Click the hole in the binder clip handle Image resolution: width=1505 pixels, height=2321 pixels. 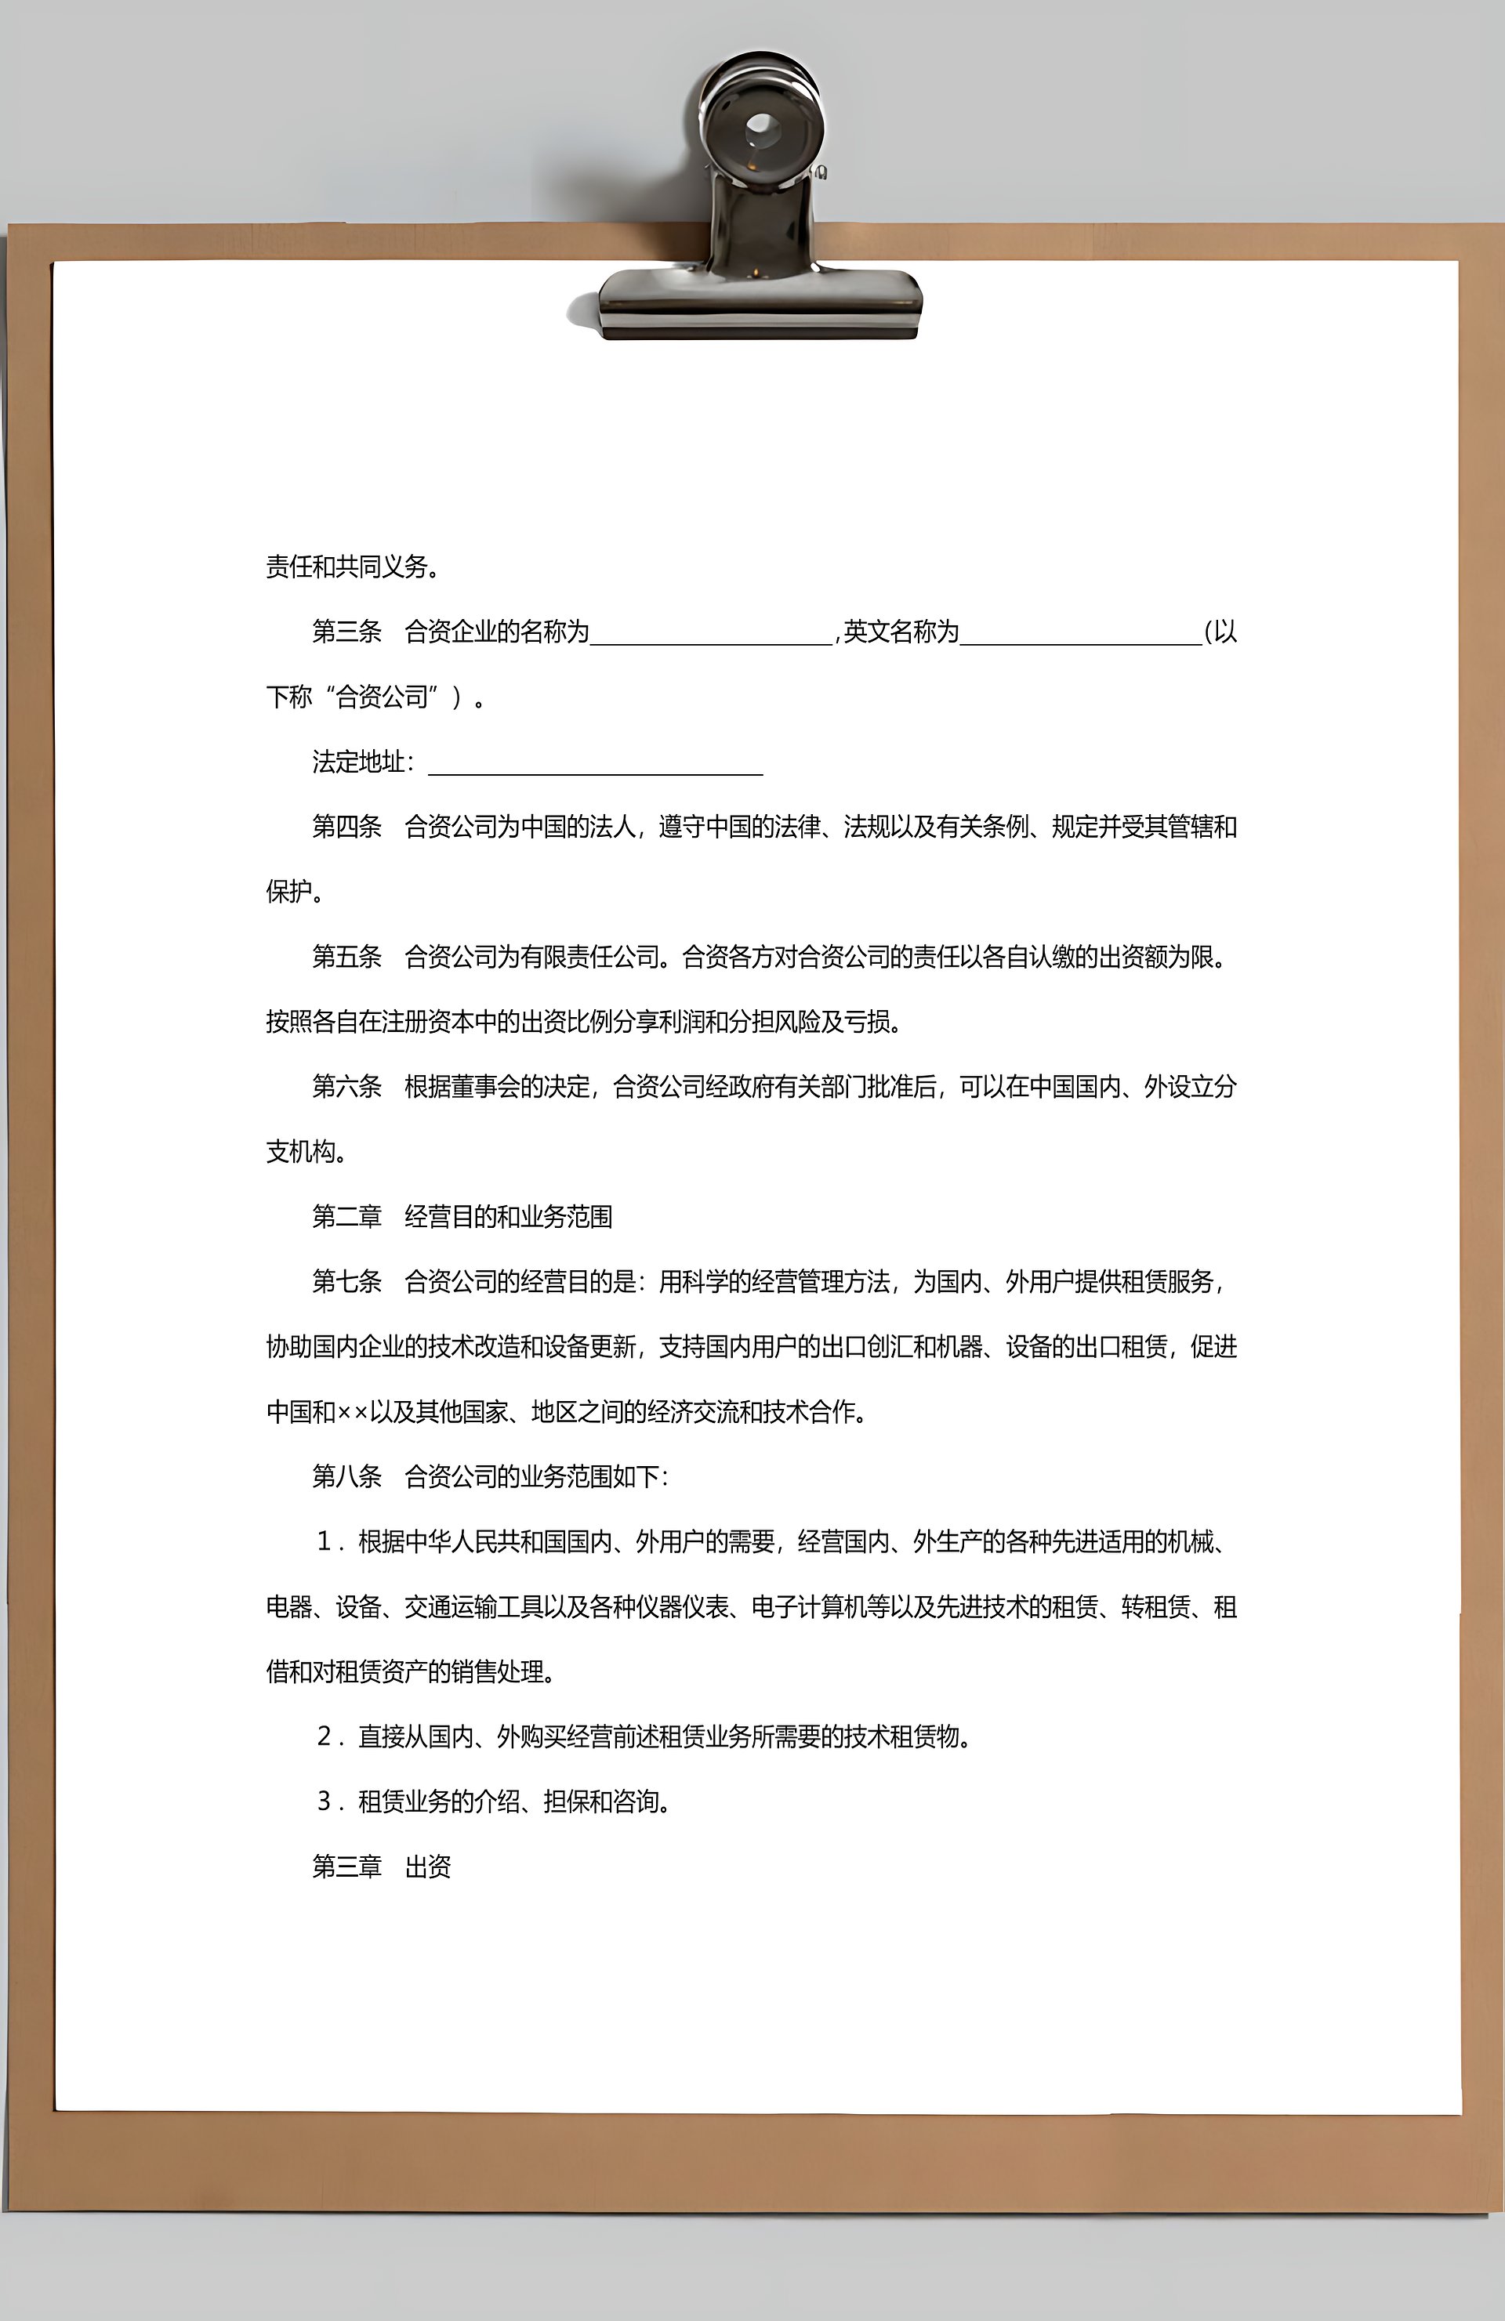click(x=761, y=127)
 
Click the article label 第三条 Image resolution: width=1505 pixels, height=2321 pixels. click(x=346, y=632)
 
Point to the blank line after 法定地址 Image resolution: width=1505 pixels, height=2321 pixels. click(x=595, y=766)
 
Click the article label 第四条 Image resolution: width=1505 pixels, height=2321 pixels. click(x=346, y=827)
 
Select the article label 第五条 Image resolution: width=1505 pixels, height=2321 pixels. click(x=346, y=957)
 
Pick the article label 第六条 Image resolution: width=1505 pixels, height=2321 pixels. click(x=346, y=1086)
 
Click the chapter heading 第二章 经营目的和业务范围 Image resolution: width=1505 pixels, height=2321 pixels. click(x=462, y=1216)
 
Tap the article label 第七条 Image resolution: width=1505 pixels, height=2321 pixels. click(x=346, y=1281)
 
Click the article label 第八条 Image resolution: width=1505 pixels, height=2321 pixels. click(x=346, y=1476)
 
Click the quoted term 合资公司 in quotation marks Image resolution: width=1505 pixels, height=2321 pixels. click(x=382, y=697)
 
